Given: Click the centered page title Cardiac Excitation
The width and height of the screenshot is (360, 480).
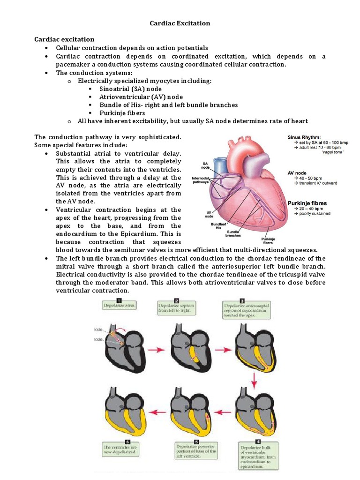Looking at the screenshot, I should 180,23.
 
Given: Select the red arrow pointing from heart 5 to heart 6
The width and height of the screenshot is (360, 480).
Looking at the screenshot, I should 157,412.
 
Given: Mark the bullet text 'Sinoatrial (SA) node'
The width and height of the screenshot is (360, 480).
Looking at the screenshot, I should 130,89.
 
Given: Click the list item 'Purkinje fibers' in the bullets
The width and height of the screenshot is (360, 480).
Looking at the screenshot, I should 122,113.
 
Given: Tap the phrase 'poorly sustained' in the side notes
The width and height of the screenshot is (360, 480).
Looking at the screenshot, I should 312,214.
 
